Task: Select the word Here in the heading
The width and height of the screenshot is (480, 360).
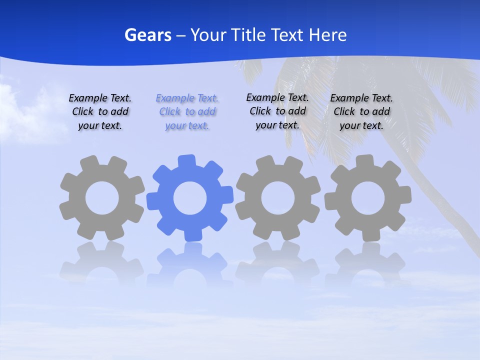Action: (327, 35)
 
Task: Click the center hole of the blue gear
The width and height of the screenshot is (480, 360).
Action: (190, 198)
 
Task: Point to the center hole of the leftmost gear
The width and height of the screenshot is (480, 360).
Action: (102, 198)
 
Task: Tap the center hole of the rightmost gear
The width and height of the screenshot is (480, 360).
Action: (367, 198)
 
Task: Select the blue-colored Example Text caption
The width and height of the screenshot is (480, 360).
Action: (187, 111)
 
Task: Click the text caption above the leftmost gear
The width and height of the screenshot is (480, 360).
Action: (100, 111)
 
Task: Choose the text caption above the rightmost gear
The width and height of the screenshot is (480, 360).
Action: (361, 111)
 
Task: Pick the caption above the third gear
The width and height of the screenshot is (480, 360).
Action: (277, 111)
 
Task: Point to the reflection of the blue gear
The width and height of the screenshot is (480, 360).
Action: (190, 265)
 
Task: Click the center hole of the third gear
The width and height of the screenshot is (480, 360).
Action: (277, 198)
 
